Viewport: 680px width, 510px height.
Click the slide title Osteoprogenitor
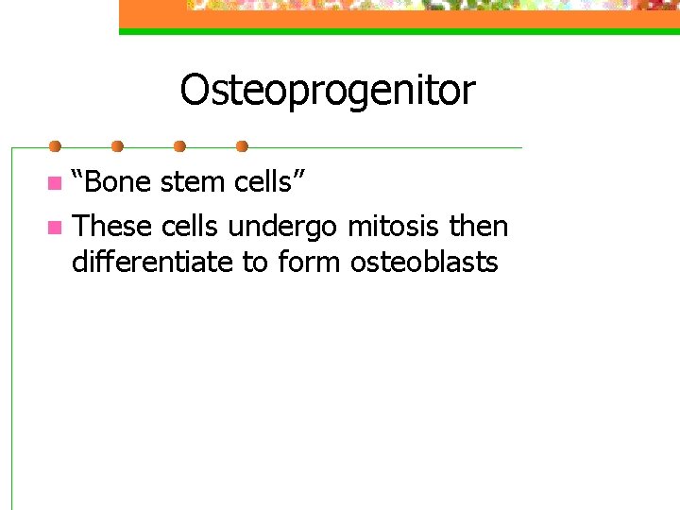[328, 92]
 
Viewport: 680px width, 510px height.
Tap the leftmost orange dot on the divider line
[55, 146]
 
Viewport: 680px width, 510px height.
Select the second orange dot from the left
[117, 146]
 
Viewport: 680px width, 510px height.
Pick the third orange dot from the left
[179, 146]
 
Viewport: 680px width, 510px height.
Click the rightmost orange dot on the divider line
[242, 146]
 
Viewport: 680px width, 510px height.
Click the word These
[112, 227]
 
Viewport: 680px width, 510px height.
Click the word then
[479, 227]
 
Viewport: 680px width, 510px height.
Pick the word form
[310, 263]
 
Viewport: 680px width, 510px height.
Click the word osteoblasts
[424, 262]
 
